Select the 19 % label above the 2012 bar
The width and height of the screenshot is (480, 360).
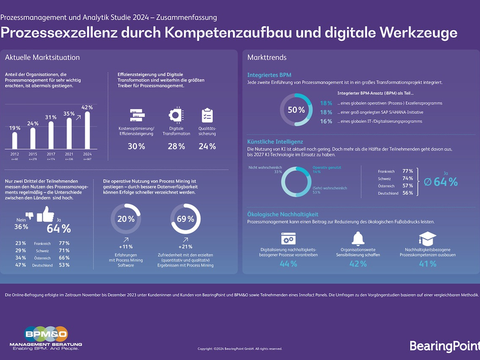pyautogui.click(x=15, y=128)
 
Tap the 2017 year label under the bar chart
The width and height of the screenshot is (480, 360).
pyautogui.click(x=51, y=154)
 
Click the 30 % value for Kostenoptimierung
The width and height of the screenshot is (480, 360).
pyautogui.click(x=136, y=146)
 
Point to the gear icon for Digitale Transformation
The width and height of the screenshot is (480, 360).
pyautogui.click(x=176, y=115)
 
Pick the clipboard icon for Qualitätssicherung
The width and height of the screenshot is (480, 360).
pyautogui.click(x=208, y=115)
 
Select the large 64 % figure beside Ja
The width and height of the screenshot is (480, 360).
pyautogui.click(x=58, y=228)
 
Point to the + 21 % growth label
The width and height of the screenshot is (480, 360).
pyautogui.click(x=185, y=247)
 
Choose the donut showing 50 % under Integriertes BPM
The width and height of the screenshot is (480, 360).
pyautogui.click(x=296, y=110)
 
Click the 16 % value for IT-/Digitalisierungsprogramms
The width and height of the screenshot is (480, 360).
pyautogui.click(x=326, y=121)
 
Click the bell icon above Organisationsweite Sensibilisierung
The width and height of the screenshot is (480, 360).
pyautogui.click(x=358, y=237)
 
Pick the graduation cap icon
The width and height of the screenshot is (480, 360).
pyautogui.click(x=427, y=237)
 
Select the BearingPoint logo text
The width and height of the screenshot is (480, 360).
pyautogui.click(x=444, y=345)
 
